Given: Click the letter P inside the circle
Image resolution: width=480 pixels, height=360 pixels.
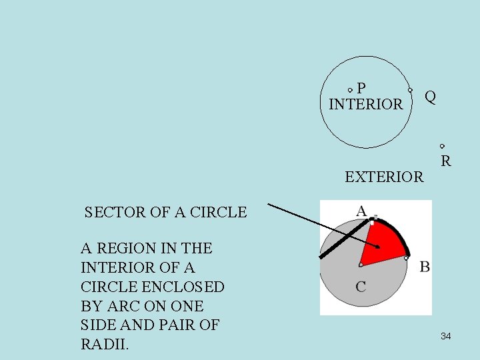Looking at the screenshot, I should click(361, 88).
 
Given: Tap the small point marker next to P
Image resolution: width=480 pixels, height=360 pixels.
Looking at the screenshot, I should click(351, 89).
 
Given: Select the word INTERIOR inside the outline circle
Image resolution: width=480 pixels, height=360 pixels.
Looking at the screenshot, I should click(366, 105).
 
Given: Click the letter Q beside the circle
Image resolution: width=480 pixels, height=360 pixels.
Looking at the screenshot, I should click(431, 97).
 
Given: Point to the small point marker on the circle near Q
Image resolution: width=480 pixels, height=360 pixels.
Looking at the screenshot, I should click(411, 90).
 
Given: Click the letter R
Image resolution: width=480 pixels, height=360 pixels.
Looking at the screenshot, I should click(445, 161).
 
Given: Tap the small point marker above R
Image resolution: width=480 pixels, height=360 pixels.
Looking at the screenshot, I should click(442, 146).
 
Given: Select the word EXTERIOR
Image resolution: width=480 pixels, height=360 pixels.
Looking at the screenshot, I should click(384, 177).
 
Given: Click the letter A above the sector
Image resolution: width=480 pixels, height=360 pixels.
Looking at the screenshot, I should click(361, 211).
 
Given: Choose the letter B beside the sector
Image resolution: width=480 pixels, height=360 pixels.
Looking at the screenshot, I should click(425, 267).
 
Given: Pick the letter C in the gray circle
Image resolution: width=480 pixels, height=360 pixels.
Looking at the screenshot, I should click(361, 287).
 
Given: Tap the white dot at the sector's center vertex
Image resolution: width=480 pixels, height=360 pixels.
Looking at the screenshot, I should click(361, 265).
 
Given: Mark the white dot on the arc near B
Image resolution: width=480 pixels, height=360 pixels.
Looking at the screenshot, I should click(406, 257).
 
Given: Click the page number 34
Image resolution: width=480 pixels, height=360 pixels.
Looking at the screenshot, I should click(445, 337).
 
